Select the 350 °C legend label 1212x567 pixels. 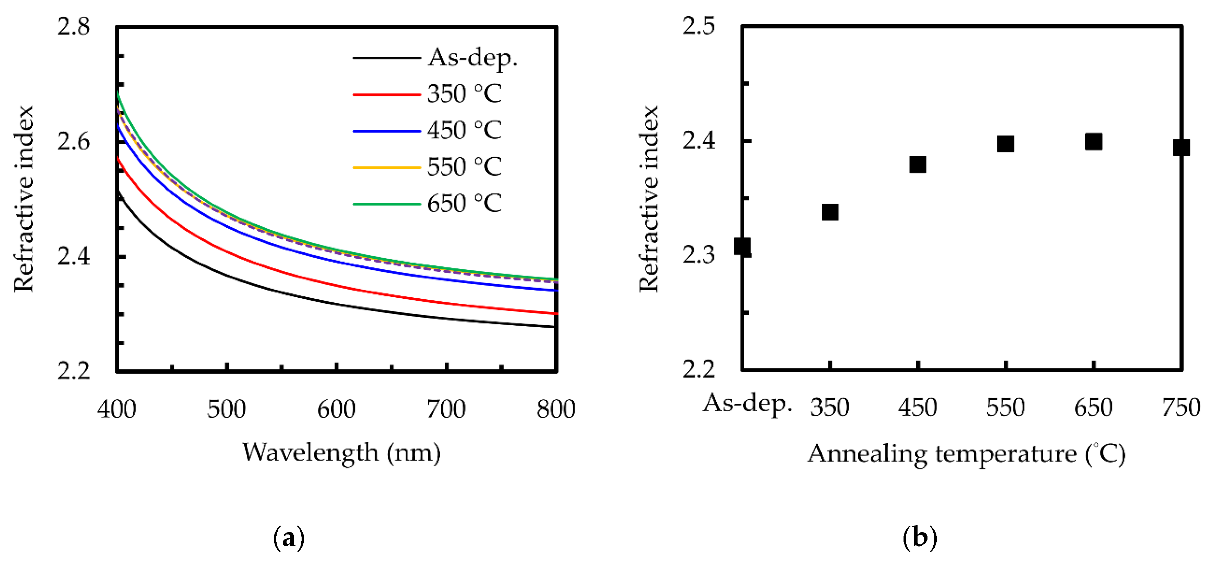click(x=464, y=94)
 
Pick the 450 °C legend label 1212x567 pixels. click(x=464, y=130)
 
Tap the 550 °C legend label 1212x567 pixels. click(x=464, y=167)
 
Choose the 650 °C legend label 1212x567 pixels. click(x=464, y=204)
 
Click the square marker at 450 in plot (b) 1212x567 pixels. click(x=918, y=165)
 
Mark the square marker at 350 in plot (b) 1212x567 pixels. click(x=830, y=212)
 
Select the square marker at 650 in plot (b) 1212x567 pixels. click(x=1094, y=142)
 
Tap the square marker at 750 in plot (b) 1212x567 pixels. click(x=1181, y=148)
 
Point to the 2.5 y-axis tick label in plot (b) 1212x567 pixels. click(x=699, y=26)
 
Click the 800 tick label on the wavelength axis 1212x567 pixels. click(x=556, y=409)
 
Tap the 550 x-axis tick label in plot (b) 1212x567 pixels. click(x=1006, y=407)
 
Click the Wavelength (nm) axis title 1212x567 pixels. click(x=342, y=453)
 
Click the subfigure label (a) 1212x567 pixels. click(x=288, y=537)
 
